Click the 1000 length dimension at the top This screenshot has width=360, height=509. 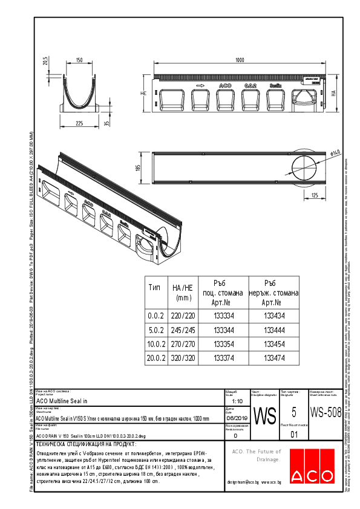click(240, 60)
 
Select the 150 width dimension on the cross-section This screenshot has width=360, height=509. click(79, 60)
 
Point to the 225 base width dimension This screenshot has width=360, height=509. click(79, 123)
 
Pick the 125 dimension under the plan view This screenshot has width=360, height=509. click(315, 195)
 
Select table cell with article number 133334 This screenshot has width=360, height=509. click(224, 315)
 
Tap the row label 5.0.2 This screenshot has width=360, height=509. click(156, 329)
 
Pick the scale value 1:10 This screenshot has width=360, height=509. click(238, 400)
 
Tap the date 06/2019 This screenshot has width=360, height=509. click(236, 418)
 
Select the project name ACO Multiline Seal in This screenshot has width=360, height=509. click(62, 400)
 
